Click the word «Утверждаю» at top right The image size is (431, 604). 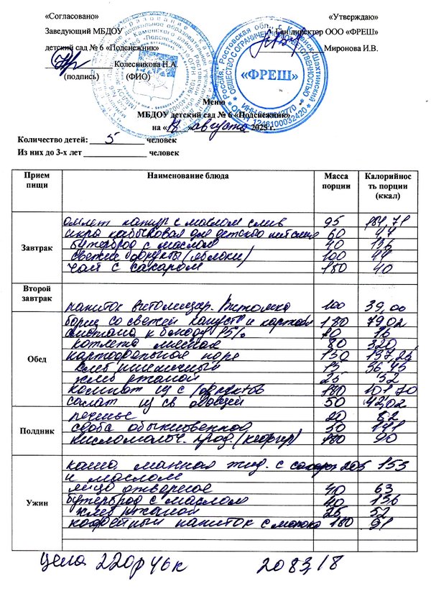(x=353, y=16)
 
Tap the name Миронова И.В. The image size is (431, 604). (x=352, y=47)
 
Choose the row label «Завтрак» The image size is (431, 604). (x=37, y=247)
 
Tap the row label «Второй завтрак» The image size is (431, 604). (x=37, y=293)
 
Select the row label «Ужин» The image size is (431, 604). (x=37, y=503)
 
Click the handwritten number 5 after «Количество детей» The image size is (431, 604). (x=111, y=140)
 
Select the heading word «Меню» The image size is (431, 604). (x=213, y=103)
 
